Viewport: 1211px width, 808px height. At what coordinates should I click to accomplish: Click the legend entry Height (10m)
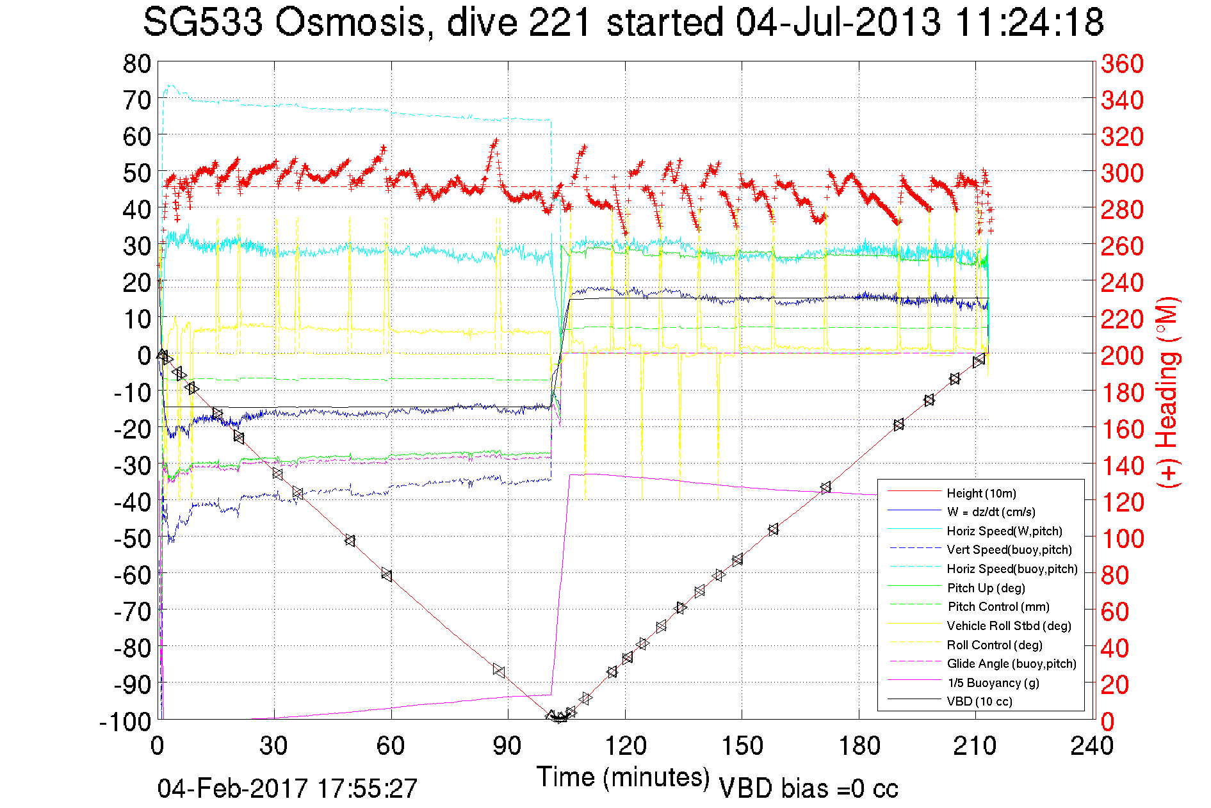[x=981, y=493]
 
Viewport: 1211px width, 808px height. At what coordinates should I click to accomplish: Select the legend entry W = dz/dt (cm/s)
[x=991, y=512]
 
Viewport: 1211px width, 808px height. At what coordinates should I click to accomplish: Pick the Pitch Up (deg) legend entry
[x=986, y=588]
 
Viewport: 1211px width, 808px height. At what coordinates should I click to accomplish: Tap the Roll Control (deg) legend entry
[x=994, y=645]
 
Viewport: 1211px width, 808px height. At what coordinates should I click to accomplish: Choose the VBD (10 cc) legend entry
[x=979, y=701]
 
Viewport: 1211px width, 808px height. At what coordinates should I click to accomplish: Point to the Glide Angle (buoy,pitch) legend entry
[x=1011, y=663]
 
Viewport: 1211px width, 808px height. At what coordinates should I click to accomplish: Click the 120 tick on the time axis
[x=626, y=746]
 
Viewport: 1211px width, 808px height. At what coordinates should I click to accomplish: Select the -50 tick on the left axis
[x=133, y=538]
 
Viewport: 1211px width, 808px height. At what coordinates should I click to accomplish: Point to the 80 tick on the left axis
[x=137, y=63]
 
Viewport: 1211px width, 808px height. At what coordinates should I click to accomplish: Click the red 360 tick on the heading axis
[x=1122, y=63]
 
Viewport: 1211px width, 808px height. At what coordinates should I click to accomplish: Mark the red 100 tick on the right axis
[x=1122, y=538]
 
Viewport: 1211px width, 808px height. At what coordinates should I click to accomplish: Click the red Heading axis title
[x=1167, y=392]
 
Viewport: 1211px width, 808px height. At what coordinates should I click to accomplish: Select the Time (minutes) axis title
[x=623, y=777]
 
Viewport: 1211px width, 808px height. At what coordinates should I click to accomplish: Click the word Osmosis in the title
[x=350, y=22]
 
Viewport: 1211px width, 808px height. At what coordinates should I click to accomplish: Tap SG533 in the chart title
[x=202, y=22]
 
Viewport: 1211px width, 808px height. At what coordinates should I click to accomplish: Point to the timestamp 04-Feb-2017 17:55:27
[x=288, y=788]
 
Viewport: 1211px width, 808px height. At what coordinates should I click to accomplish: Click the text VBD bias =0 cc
[x=808, y=788]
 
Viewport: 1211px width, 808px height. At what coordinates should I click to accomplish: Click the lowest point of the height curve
[x=558, y=718]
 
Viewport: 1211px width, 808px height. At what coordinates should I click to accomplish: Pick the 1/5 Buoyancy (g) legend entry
[x=993, y=683]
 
